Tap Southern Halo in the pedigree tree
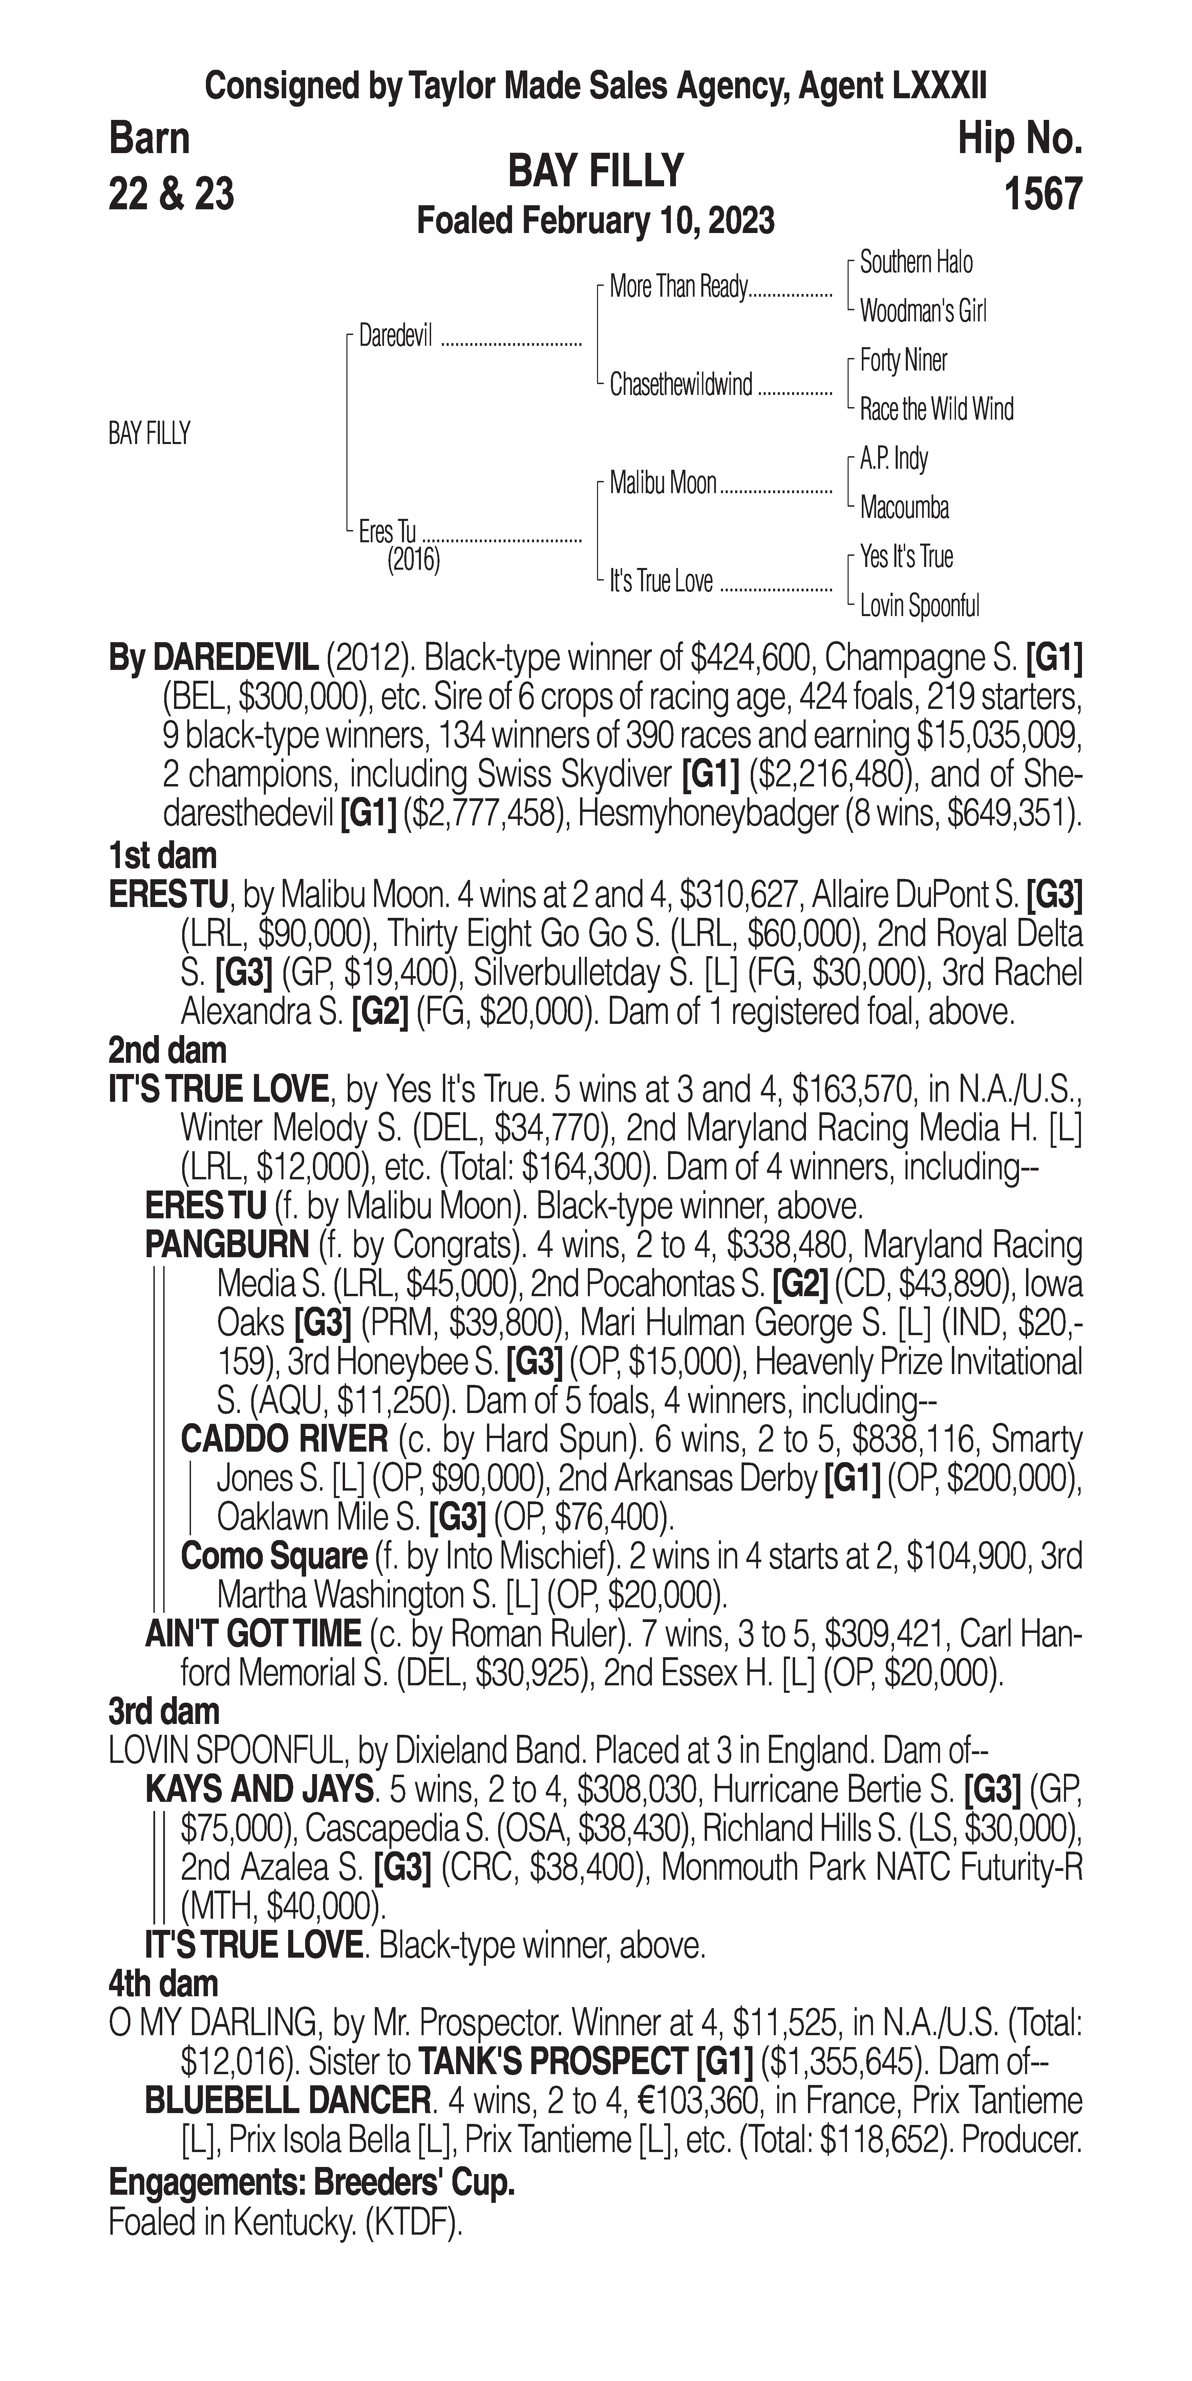[x=916, y=262]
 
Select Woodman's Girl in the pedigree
[x=922, y=312]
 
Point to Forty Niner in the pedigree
[x=903, y=360]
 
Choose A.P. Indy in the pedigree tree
[x=894, y=459]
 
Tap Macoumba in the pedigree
[x=904, y=507]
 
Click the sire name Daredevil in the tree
[x=396, y=336]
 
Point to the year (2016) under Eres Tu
[x=413, y=560]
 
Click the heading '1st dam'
[x=163, y=856]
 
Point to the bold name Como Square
[x=274, y=1557]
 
